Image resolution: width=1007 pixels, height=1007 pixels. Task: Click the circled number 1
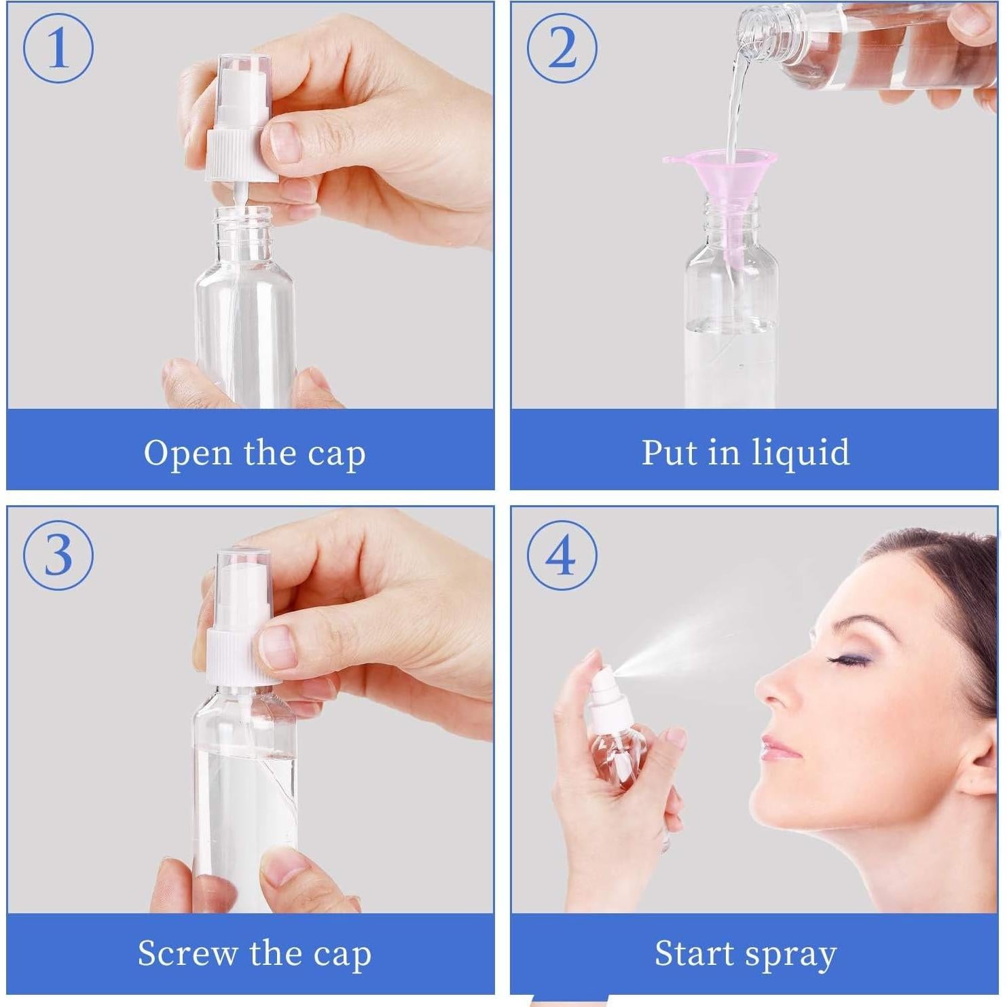coord(58,49)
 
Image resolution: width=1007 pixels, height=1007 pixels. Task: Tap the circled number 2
coord(562,49)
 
